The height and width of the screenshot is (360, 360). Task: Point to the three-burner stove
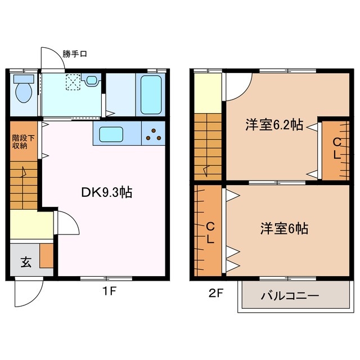click(154, 135)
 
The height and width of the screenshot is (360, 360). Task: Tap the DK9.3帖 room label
click(107, 192)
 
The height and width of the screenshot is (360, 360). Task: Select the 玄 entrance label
click(26, 262)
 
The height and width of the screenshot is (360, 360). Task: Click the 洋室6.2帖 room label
click(274, 125)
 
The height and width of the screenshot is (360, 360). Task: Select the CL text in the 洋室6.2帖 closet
click(336, 148)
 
